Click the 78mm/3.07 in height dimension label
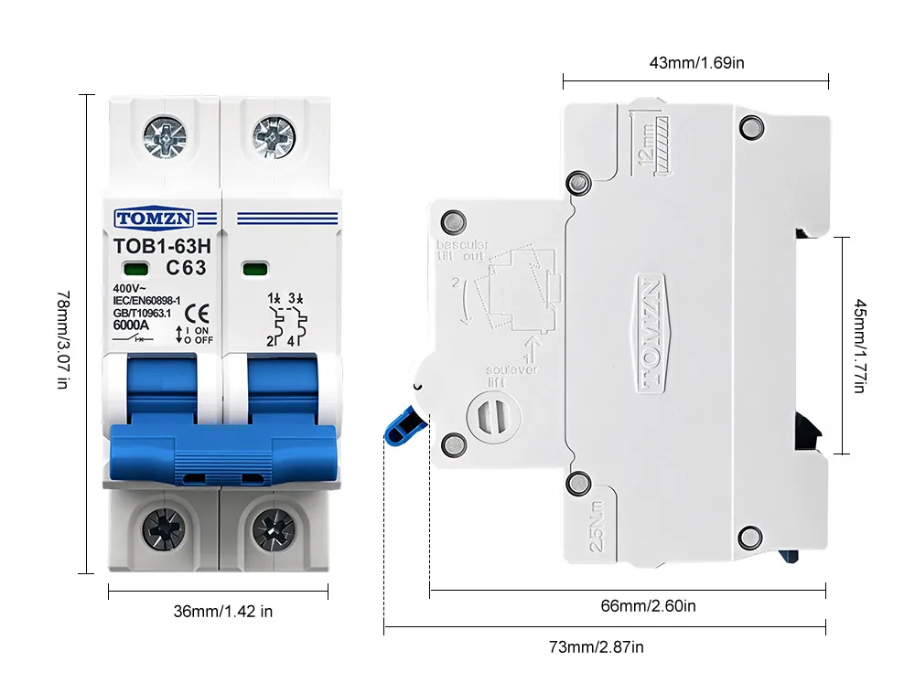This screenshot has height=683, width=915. [62, 339]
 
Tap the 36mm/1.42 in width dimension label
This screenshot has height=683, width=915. [223, 612]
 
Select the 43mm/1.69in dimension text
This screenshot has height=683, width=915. [697, 63]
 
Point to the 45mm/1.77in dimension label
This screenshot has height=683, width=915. [858, 346]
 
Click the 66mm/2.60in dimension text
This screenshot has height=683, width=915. [649, 605]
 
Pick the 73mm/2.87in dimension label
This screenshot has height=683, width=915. [597, 647]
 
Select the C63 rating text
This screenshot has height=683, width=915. [186, 268]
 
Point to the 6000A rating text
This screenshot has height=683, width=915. [131, 324]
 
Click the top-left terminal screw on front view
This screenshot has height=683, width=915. [164, 136]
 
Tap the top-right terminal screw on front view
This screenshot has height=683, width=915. [274, 136]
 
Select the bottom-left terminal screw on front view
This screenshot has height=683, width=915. [164, 528]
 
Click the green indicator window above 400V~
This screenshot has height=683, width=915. [139, 269]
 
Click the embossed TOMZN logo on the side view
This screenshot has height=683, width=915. [650, 334]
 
